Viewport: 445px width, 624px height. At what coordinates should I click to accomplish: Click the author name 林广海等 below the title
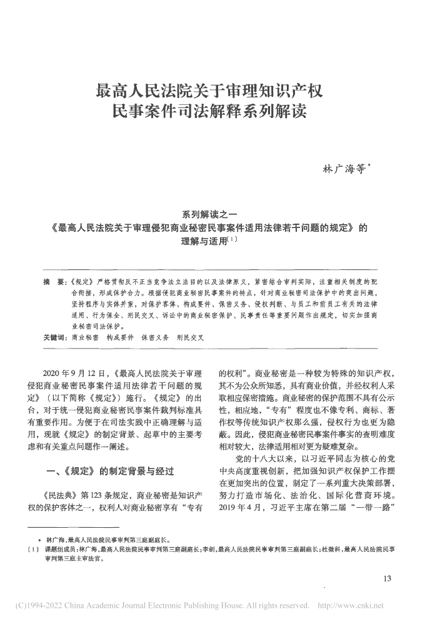click(344, 169)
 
